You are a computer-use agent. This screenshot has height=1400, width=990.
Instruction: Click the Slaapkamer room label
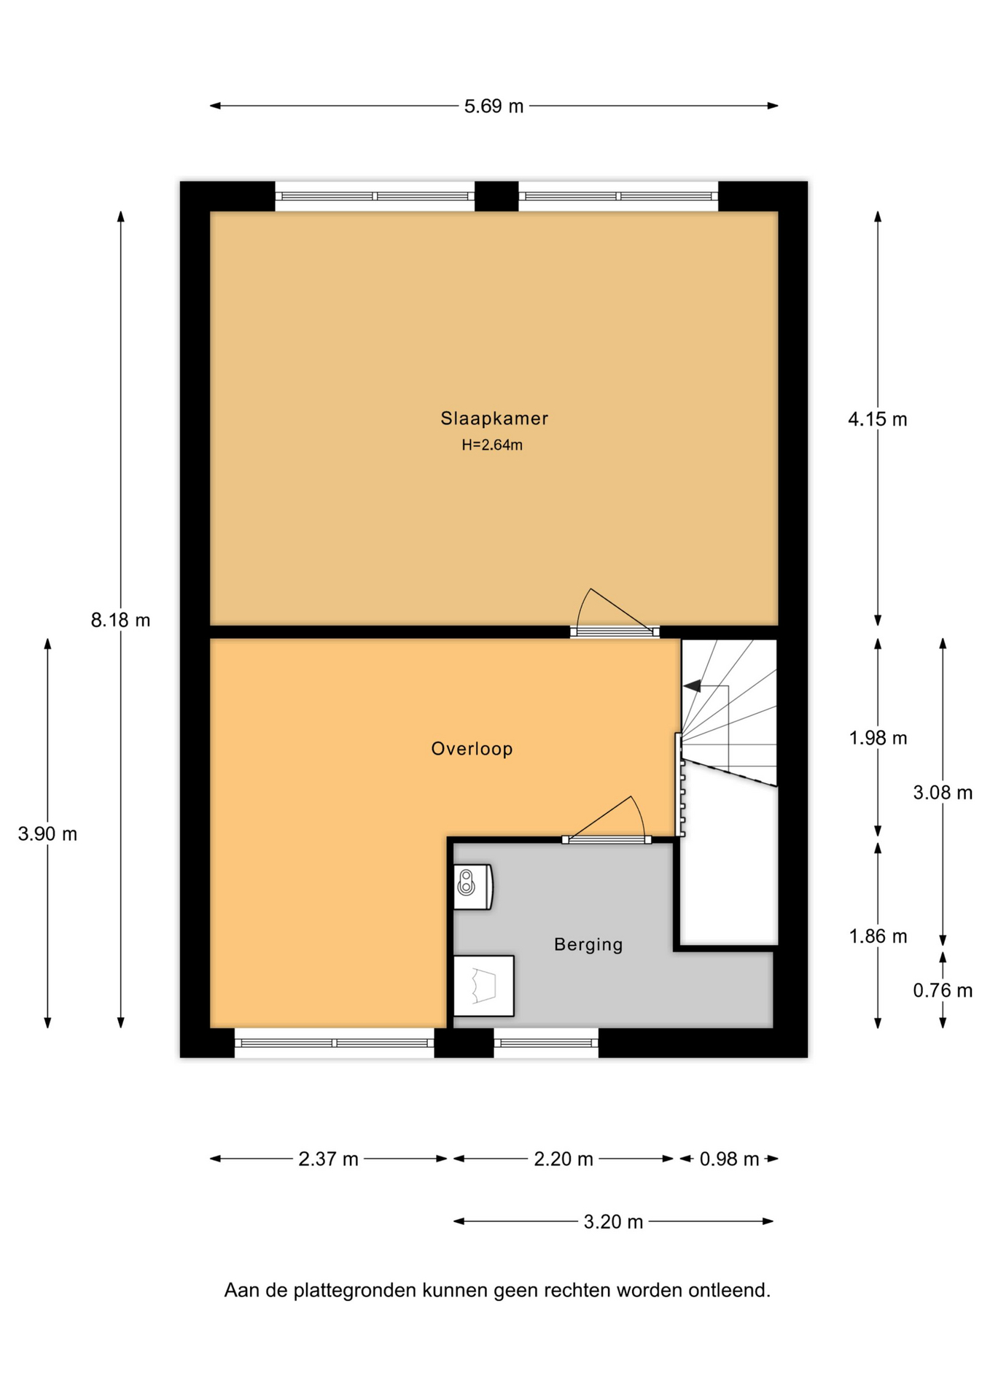pyautogui.click(x=494, y=419)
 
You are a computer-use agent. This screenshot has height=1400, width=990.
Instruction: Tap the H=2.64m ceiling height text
pyautogui.click(x=492, y=445)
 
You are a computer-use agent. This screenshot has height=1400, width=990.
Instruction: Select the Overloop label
pyautogui.click(x=472, y=749)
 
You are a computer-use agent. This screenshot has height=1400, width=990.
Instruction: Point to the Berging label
pyautogui.click(x=588, y=945)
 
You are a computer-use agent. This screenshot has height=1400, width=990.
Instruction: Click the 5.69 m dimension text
pyautogui.click(x=494, y=106)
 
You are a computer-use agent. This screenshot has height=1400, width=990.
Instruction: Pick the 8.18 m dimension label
pyautogui.click(x=120, y=621)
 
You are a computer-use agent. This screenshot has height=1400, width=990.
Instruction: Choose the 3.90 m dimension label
pyautogui.click(x=47, y=834)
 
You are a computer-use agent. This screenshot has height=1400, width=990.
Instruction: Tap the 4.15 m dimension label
pyautogui.click(x=877, y=419)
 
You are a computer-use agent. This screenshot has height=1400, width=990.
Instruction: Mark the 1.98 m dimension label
pyautogui.click(x=878, y=738)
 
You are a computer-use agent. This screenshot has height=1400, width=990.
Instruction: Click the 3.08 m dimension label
pyautogui.click(x=943, y=793)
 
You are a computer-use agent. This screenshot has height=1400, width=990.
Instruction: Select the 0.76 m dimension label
pyautogui.click(x=943, y=990)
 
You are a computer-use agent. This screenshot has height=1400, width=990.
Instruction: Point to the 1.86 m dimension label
pyautogui.click(x=878, y=936)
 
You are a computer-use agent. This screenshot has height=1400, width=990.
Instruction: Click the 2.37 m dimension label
pyautogui.click(x=328, y=1159)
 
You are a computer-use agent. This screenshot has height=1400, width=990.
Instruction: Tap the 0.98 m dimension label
pyautogui.click(x=729, y=1159)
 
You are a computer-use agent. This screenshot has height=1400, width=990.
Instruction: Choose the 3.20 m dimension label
pyautogui.click(x=613, y=1222)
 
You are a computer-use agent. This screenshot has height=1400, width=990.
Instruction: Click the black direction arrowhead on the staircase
pyautogui.click(x=692, y=686)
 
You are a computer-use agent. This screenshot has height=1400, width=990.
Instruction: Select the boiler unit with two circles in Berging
pyautogui.click(x=473, y=887)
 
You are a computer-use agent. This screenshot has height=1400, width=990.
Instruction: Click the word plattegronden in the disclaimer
pyautogui.click(x=354, y=1291)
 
